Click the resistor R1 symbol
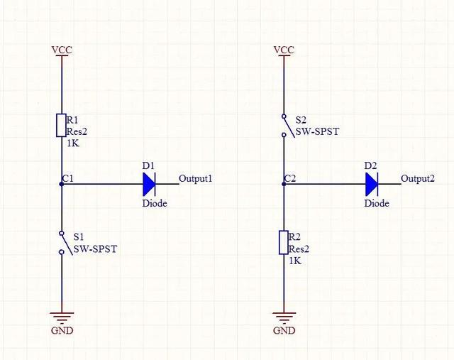pos(62,126)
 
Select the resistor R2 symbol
pos(284,243)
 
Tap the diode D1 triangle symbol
pos(148,184)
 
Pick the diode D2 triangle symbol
pos(371,184)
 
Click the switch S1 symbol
pos(62,242)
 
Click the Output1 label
pos(196,179)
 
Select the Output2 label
pos(417,179)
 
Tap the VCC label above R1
pos(62,50)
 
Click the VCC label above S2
pos(284,50)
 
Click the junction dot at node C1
pos(62,184)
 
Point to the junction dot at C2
pos(284,184)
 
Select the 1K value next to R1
pos(72,143)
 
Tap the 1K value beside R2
pos(295,260)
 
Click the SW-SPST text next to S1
pos(95,249)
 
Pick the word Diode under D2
pos(377,203)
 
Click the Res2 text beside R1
pos(76,131)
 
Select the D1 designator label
pos(148,165)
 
